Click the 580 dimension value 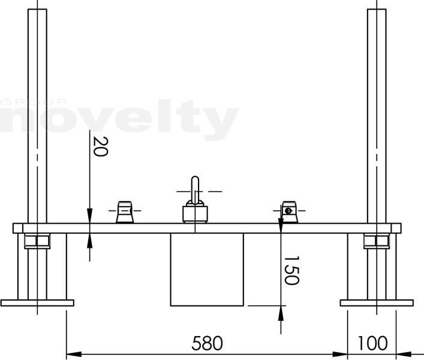[207, 343]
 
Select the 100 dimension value [372, 343]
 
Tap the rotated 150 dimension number [292, 270]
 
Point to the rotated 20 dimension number [100, 146]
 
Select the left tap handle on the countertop [125, 212]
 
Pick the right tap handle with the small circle [289, 212]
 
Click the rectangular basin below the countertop [207, 269]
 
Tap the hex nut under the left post [37, 242]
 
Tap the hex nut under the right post [377, 242]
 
